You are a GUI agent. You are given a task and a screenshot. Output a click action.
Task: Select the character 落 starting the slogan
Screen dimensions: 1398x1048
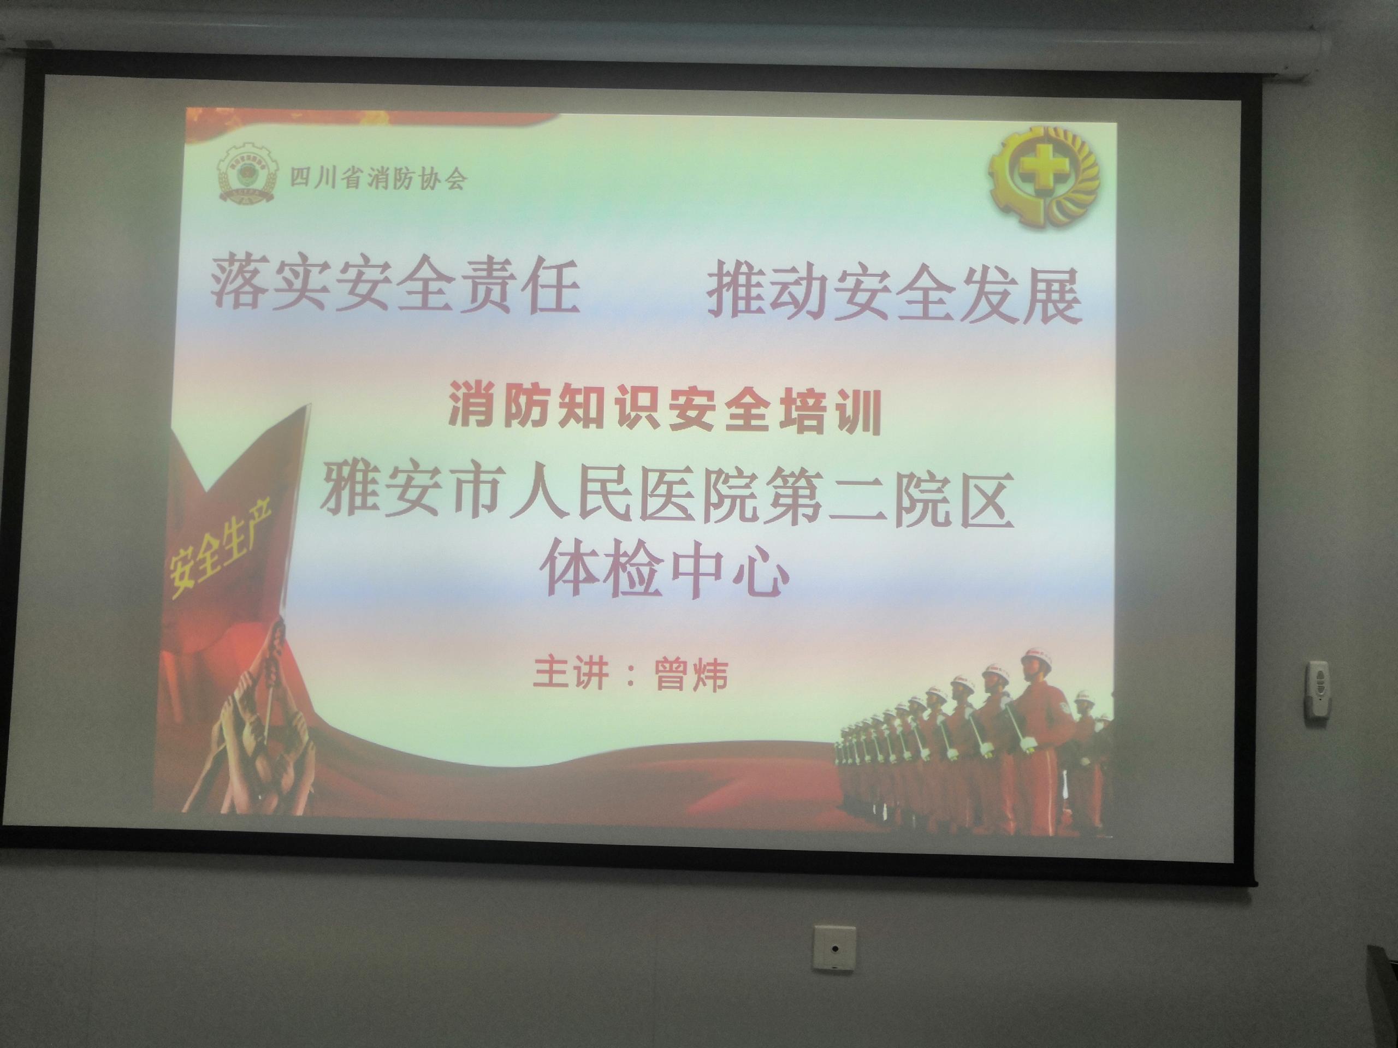(240, 285)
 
